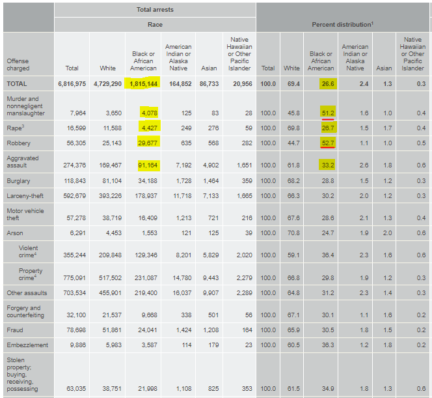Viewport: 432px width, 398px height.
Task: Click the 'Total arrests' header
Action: point(155,10)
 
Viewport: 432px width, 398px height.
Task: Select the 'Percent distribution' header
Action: point(342,25)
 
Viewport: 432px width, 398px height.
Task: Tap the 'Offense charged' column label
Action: point(18,64)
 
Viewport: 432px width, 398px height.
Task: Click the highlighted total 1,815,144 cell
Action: point(142,83)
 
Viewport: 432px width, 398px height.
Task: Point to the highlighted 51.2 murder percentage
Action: point(328,113)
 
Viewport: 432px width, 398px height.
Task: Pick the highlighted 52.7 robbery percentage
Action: point(328,143)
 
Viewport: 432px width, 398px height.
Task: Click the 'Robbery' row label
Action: point(18,143)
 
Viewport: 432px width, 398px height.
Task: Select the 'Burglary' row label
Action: point(18,181)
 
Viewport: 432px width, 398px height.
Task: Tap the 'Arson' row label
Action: point(15,233)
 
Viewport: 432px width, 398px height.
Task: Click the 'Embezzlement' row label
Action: point(27,345)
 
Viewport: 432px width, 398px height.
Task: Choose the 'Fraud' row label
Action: point(15,330)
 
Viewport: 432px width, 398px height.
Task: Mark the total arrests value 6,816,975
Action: point(72,84)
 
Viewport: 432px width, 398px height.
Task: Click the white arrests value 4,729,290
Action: point(107,84)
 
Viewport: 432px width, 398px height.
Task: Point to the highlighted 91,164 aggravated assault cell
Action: point(148,165)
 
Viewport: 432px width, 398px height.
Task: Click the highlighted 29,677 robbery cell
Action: point(148,143)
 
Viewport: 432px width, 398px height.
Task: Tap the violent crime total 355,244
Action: point(74,255)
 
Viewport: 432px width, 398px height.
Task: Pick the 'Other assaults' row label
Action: point(27,293)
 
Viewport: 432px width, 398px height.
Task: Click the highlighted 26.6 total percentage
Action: point(328,84)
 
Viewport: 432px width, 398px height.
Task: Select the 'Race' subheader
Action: point(155,25)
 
